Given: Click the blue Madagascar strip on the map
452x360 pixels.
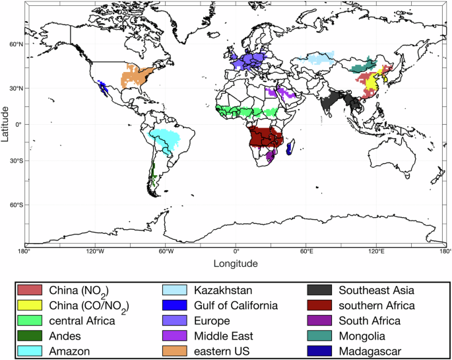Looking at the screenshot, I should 291,148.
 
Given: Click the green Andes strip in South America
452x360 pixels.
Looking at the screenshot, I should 153,175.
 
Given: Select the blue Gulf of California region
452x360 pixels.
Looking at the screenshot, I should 102,87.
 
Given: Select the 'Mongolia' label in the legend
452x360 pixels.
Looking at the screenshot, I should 362,336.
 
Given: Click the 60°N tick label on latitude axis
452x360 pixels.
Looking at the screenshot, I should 14,45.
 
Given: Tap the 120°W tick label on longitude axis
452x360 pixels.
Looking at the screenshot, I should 96,252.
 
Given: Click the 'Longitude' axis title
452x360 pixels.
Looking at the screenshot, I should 236,264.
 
